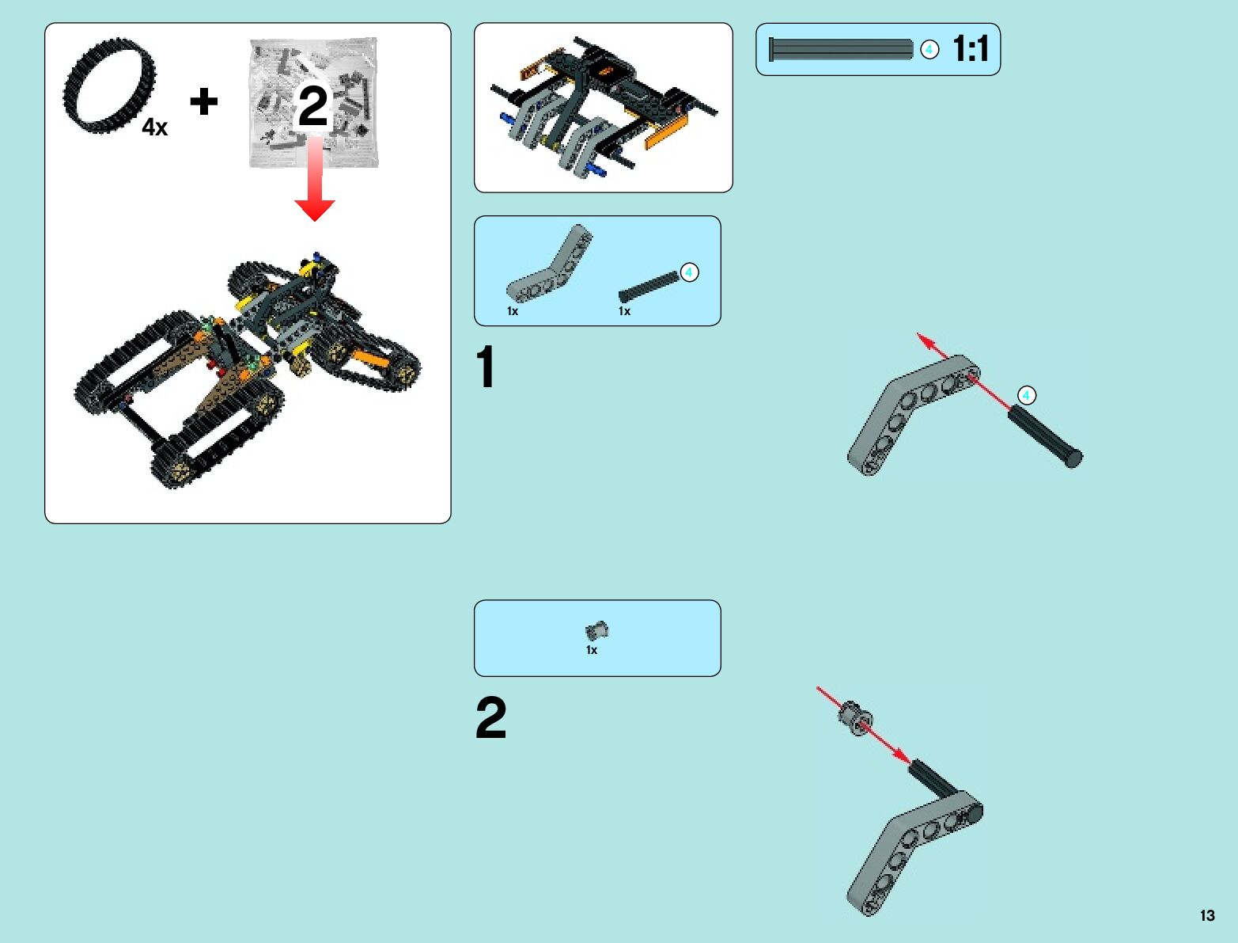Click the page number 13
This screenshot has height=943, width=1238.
[x=1206, y=915]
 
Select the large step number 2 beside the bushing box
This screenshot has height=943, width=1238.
[x=490, y=717]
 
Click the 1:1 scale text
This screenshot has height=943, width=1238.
[x=971, y=49]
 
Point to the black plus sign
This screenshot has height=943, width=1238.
[x=204, y=101]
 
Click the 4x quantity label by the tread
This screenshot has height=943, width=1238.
[x=155, y=127]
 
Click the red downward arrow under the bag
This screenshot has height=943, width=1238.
[x=315, y=182]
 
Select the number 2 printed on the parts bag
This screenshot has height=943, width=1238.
[x=313, y=106]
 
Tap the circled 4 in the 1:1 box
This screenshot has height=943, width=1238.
[x=929, y=49]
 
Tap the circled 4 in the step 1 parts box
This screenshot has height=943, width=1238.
[x=689, y=272]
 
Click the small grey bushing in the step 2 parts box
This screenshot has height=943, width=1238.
[x=596, y=631]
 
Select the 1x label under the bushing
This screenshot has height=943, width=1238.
[x=592, y=650]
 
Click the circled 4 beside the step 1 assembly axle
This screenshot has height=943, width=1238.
[x=1026, y=395]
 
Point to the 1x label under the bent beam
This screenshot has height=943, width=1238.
[x=513, y=311]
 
